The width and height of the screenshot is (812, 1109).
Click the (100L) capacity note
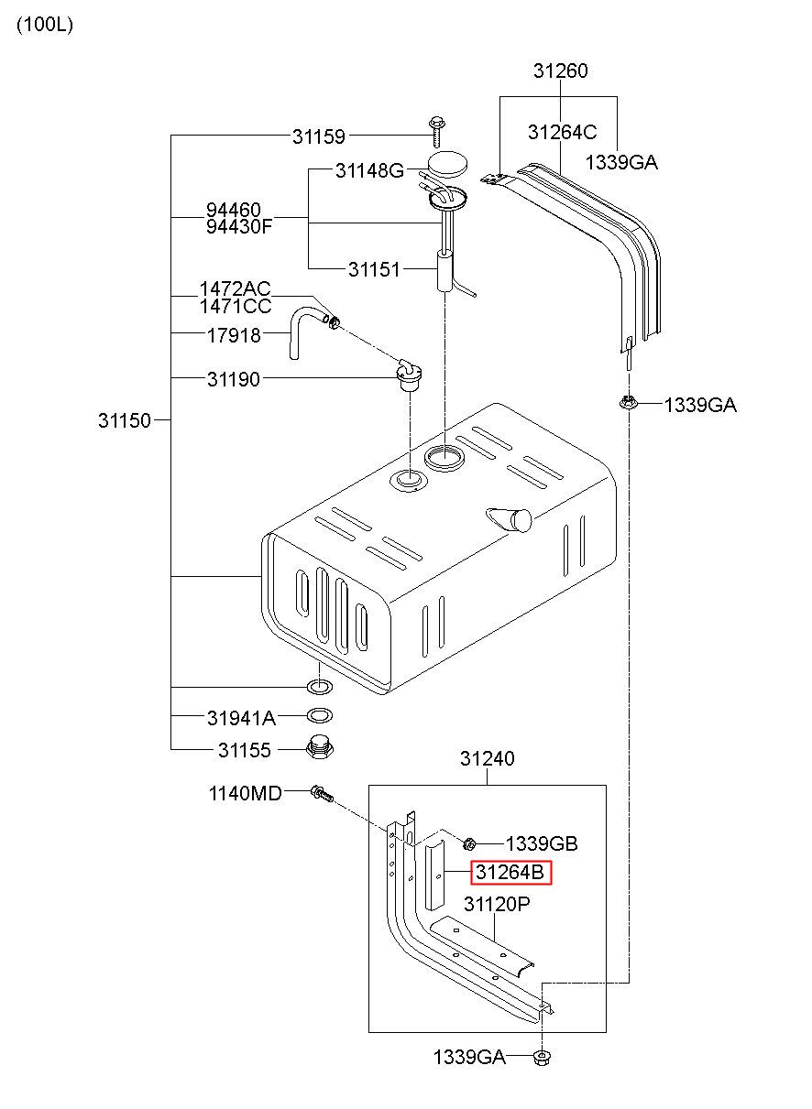[45, 24]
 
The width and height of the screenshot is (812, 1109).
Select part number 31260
[560, 71]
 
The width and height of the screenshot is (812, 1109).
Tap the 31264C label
[563, 132]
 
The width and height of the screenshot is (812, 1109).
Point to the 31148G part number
[369, 171]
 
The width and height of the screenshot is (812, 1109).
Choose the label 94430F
[239, 227]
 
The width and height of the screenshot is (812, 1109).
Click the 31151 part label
[374, 269]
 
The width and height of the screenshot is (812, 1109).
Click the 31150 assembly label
[124, 421]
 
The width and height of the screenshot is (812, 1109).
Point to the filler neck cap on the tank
[510, 519]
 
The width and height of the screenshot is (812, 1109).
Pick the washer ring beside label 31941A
[320, 716]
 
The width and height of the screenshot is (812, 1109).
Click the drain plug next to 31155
[320, 747]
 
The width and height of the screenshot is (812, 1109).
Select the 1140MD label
[246, 794]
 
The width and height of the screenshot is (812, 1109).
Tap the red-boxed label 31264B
[510, 873]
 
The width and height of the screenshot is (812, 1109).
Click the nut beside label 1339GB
[469, 843]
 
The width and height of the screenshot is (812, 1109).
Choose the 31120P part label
[497, 905]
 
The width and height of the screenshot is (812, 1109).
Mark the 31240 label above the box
[487, 758]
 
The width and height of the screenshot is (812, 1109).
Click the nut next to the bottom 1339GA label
[543, 1058]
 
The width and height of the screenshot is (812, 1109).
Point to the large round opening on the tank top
[444, 459]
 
